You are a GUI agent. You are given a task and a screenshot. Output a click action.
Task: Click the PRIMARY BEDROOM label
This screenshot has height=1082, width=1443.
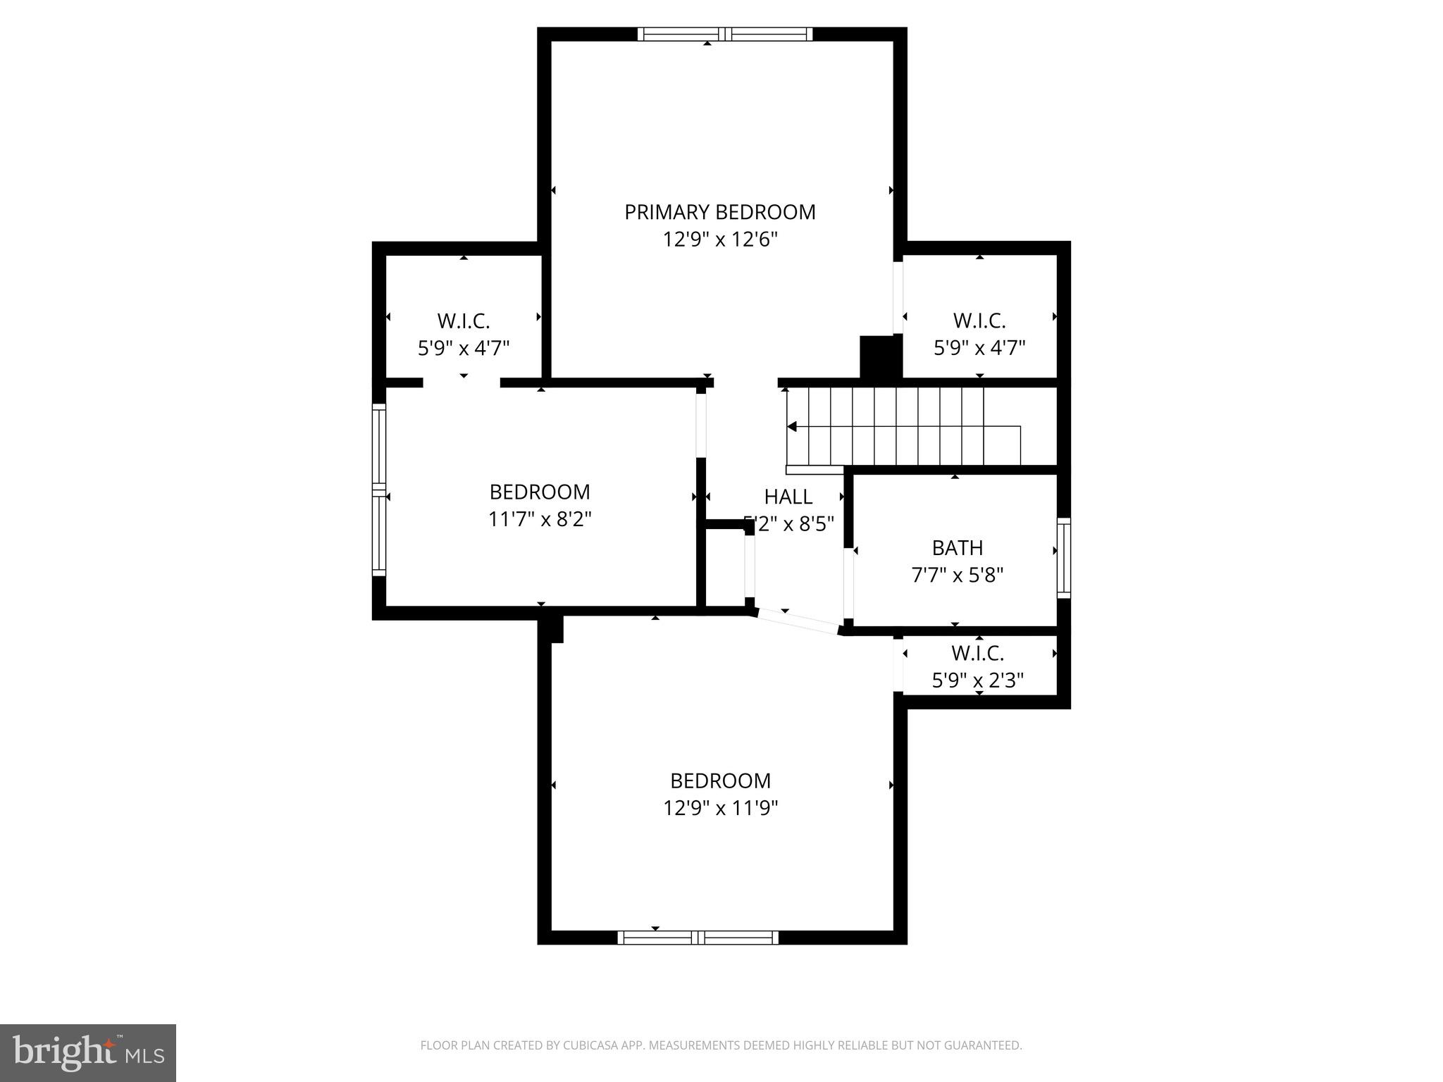(x=719, y=212)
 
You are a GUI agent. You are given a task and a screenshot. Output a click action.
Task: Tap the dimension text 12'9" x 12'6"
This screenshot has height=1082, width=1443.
(x=719, y=240)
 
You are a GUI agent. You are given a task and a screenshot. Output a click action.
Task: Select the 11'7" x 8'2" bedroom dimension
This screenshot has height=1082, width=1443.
(x=539, y=520)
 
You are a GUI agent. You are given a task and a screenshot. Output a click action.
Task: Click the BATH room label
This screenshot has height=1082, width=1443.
(x=957, y=548)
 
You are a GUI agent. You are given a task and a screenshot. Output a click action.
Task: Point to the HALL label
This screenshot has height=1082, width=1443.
(x=788, y=497)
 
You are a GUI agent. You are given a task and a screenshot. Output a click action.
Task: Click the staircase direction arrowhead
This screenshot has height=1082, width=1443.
(x=792, y=426)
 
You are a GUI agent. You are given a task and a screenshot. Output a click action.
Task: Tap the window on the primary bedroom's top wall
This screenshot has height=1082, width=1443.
(x=724, y=34)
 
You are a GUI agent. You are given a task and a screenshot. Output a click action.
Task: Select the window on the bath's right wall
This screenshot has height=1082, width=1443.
(x=1063, y=558)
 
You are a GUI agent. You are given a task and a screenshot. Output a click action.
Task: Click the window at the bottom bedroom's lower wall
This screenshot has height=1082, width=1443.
(x=698, y=937)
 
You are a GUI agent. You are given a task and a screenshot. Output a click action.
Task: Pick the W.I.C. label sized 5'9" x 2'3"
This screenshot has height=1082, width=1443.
(x=977, y=654)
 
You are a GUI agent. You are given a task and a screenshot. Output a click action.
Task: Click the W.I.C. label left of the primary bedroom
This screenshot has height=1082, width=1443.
(x=463, y=321)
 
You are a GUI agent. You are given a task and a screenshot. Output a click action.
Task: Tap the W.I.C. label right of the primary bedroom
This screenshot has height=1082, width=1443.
(x=979, y=321)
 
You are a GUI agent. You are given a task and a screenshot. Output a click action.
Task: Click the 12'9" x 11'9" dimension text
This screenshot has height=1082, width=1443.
(x=719, y=808)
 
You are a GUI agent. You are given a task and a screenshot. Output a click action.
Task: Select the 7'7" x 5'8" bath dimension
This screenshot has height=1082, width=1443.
(x=957, y=576)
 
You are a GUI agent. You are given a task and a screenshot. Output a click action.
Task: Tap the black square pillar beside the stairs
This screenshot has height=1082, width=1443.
(x=880, y=358)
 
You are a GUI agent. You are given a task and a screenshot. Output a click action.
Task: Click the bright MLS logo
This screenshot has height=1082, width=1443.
(x=87, y=1052)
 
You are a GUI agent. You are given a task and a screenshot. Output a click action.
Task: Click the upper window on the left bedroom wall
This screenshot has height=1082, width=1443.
(x=379, y=446)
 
